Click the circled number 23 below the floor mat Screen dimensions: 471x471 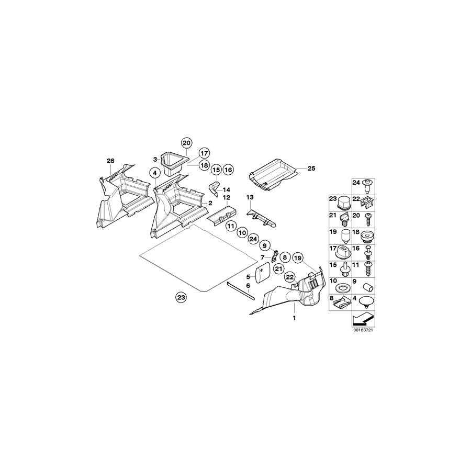[181, 297]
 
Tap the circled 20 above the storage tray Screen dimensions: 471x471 [187, 143]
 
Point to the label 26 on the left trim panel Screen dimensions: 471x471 [110, 160]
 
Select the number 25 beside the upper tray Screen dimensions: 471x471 [311, 169]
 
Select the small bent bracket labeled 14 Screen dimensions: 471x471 [214, 187]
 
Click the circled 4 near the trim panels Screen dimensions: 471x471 [154, 172]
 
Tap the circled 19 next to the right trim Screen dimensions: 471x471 [298, 257]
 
